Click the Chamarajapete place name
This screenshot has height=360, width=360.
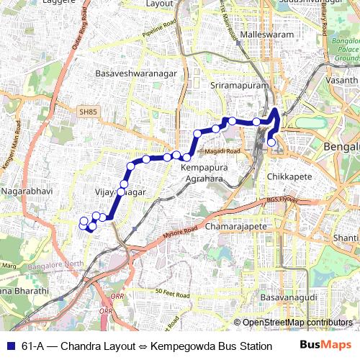point(237,226)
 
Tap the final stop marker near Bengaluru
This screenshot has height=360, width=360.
point(271,143)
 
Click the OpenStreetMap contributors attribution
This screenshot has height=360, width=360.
point(297,322)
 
